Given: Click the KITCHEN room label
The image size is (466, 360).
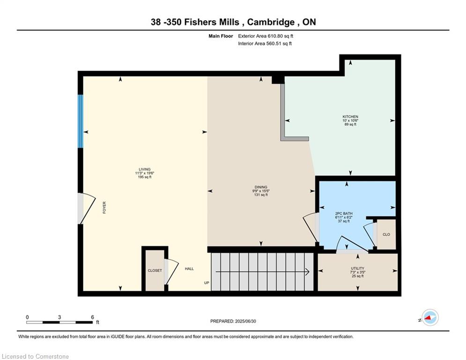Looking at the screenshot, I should coord(350,116).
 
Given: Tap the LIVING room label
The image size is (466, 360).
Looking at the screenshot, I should coord(144,169).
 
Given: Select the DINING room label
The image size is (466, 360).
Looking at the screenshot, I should coord(260,187).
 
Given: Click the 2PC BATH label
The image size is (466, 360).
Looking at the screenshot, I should coord(344,213).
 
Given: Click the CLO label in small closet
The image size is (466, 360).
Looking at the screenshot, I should coord(386,234).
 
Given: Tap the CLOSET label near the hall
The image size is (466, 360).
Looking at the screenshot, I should coord(155,270).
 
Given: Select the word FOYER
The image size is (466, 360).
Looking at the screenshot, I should coord(104,208).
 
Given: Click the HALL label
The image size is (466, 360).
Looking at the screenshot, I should coord(189,269).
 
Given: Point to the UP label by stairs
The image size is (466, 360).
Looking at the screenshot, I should coord(207,283).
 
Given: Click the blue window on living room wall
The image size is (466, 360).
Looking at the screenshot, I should coord(81,121).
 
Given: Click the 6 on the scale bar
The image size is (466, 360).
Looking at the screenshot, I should coord(93,317).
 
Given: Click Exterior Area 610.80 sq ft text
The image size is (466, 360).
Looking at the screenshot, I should coord(266,36).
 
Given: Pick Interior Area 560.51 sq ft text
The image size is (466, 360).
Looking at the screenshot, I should coord(265,44).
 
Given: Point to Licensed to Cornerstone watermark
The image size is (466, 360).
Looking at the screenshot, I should coord(35,357).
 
